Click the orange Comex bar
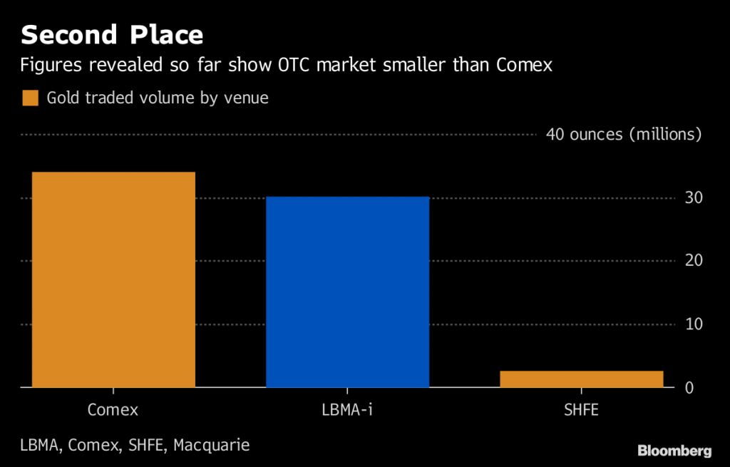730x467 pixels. pos(113,279)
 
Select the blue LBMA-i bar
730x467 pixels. pos(347,292)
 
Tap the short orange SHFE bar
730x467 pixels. pos(581,379)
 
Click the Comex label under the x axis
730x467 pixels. pos(113,410)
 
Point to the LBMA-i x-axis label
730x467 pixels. pos(347,410)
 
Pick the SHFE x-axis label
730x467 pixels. pos(581,410)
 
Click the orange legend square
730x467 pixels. pos(30,98)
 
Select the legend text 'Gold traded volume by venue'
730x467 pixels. pos(158,98)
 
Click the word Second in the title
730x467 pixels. pos(69,34)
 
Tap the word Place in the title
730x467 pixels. pos(166,34)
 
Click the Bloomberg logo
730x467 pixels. pos(674,451)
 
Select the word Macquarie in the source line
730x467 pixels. pos(211,446)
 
